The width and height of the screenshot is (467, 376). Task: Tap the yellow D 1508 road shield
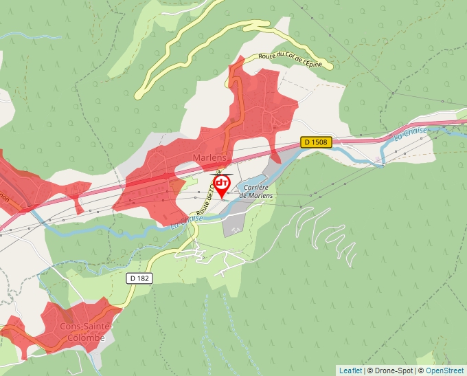click(x=317, y=142)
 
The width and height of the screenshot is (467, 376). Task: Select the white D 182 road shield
click(x=139, y=278)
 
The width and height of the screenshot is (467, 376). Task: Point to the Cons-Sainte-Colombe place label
click(x=82, y=332)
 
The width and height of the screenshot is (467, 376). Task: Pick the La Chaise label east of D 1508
click(x=411, y=133)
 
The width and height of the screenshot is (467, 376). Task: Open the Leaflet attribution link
click(x=350, y=371)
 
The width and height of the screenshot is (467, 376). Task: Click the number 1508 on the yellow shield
click(x=320, y=142)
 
